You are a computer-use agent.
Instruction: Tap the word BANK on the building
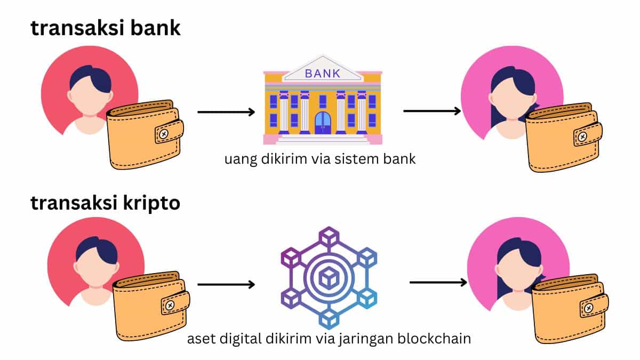[322, 73]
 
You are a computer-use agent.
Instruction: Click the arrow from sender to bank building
[226, 112]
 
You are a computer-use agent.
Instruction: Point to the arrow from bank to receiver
[432, 111]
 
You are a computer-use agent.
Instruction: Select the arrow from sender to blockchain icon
[226, 284]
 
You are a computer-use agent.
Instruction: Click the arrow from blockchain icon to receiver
[438, 282]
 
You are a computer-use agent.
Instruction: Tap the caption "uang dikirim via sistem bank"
[320, 159]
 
